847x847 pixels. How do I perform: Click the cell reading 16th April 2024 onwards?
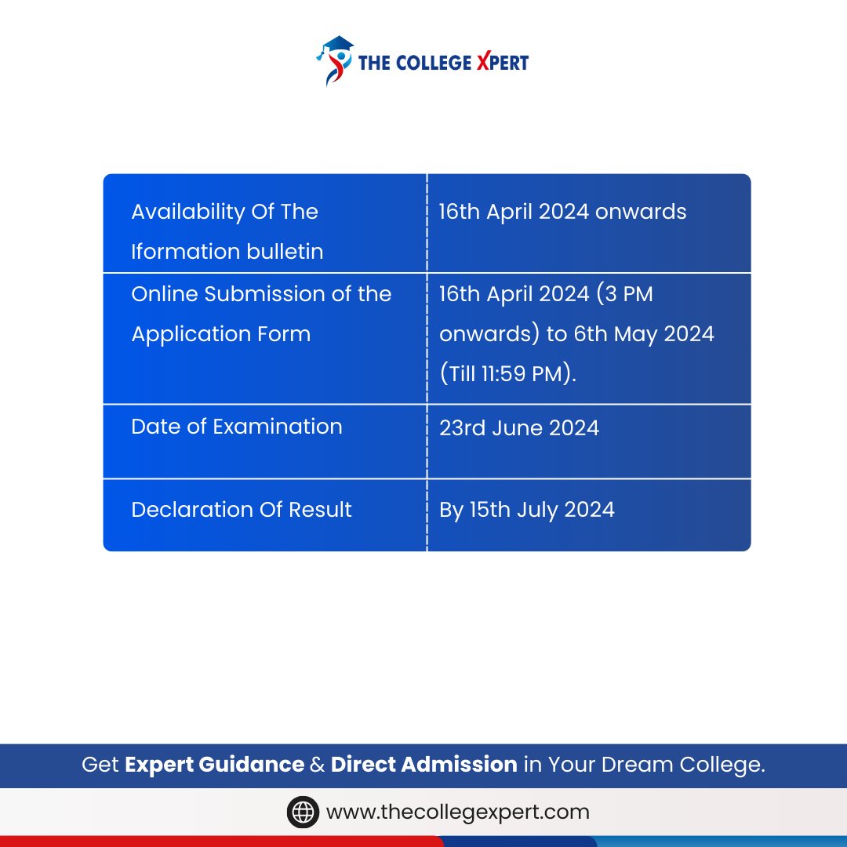[x=562, y=212]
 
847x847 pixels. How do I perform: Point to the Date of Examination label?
[x=236, y=427]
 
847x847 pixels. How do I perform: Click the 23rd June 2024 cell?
[x=518, y=428]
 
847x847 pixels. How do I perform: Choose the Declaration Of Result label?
[x=241, y=510]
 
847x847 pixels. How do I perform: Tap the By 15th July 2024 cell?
[x=526, y=510]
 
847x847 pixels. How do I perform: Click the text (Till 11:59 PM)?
[x=507, y=374]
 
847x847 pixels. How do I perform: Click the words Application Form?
[x=220, y=334]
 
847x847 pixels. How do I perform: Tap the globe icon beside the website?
[x=303, y=812]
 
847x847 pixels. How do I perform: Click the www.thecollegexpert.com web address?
[x=457, y=812]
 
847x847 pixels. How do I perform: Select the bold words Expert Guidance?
[x=214, y=764]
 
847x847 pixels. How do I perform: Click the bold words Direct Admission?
[x=423, y=764]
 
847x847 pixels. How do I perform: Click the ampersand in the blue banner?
[x=317, y=764]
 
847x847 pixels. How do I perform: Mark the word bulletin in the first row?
[x=283, y=252]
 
